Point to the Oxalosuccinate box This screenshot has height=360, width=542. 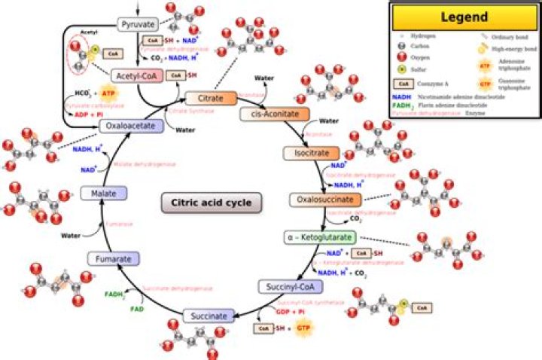[x=325, y=200]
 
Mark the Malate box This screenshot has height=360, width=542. [x=103, y=194]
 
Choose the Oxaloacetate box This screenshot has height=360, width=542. [x=132, y=126]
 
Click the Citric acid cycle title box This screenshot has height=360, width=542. [x=211, y=202]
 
